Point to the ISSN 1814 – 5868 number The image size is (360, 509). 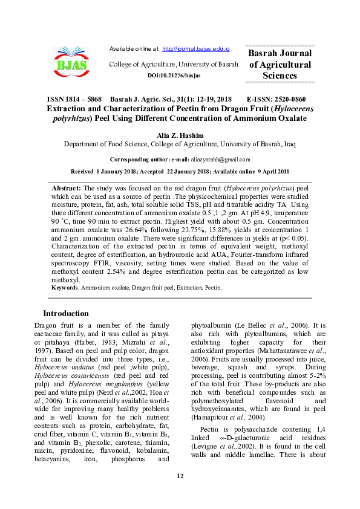click(74, 99)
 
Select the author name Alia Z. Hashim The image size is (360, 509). click(180, 135)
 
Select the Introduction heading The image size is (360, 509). click(65, 313)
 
